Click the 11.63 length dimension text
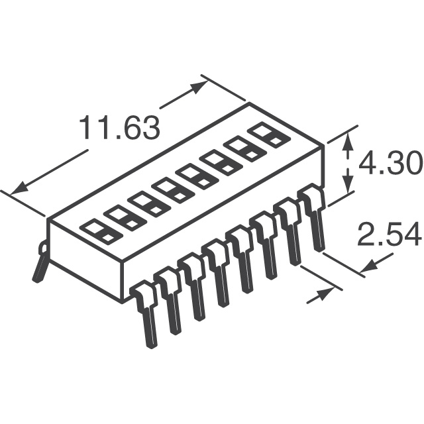pos(119,128)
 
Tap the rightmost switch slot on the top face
pos(271,135)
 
